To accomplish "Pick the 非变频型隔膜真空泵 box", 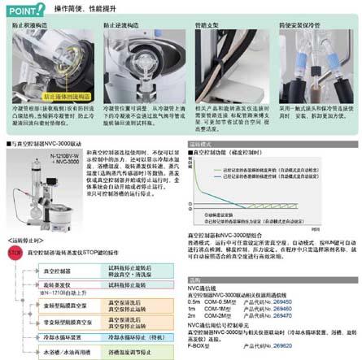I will [62, 320].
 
